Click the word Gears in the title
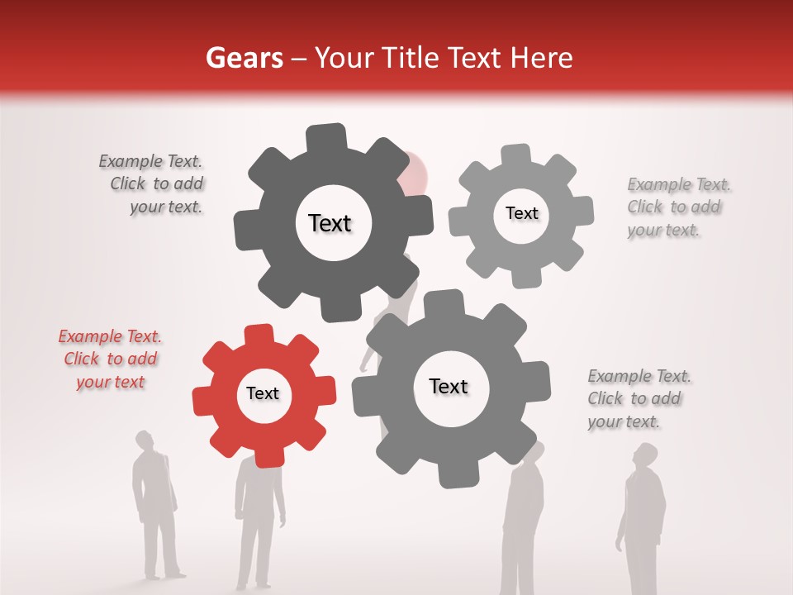[x=245, y=58]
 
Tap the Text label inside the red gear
[x=263, y=393]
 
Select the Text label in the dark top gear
[x=330, y=223]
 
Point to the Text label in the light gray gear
[x=521, y=213]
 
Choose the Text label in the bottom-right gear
[x=449, y=386]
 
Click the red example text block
[x=110, y=359]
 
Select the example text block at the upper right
[x=677, y=207]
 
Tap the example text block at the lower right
[x=638, y=398]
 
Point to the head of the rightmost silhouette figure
[x=645, y=455]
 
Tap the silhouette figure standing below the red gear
[x=258, y=521]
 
